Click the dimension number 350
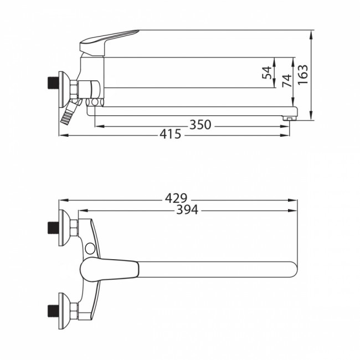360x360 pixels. (x=200, y=125)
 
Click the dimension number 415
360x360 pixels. (x=171, y=134)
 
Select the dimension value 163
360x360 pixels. (x=303, y=75)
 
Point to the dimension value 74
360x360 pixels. (x=287, y=81)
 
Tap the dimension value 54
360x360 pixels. (x=267, y=73)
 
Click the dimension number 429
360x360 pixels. (x=176, y=198)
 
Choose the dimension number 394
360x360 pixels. (x=187, y=209)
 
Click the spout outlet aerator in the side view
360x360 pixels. (x=289, y=119)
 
